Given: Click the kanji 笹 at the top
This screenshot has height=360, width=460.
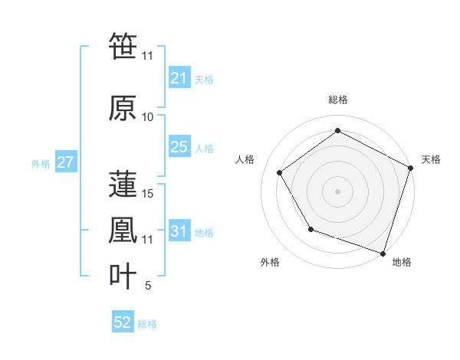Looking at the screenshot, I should [123, 46].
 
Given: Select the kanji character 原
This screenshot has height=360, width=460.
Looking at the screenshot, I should [123, 108].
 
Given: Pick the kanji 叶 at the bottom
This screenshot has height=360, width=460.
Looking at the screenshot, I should [123, 277].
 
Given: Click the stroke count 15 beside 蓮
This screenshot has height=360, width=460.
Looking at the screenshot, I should [149, 193].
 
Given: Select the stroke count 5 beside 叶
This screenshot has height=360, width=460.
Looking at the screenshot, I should [148, 286].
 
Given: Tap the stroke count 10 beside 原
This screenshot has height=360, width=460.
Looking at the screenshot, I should [148, 117].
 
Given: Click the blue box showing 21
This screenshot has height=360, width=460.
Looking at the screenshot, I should [179, 77].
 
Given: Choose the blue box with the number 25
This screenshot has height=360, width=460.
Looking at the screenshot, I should [179, 147].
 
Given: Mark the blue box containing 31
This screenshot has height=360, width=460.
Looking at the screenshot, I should [179, 231].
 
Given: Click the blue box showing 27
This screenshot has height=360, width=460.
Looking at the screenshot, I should [65, 162].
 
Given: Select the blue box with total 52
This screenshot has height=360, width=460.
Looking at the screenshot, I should [123, 323].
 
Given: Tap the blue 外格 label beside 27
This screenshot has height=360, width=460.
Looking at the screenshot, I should [41, 163].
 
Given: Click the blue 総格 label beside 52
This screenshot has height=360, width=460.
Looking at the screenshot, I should [147, 324].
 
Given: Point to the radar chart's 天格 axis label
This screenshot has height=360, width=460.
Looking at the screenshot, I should [432, 159].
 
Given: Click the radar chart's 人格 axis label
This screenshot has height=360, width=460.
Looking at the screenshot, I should [245, 159].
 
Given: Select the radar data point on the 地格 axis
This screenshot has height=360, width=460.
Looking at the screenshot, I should [383, 253].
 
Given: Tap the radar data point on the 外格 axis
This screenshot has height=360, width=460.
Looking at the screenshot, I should [310, 229].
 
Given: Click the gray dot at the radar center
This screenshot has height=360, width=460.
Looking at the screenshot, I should [337, 191].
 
